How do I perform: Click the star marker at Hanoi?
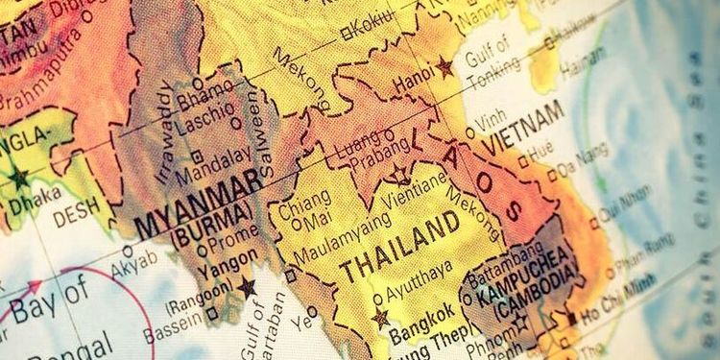[444, 67]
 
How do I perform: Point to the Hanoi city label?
[415, 82]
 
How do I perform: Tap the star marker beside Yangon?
[247, 286]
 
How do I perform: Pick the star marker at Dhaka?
[18, 178]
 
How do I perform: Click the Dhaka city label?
[28, 198]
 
